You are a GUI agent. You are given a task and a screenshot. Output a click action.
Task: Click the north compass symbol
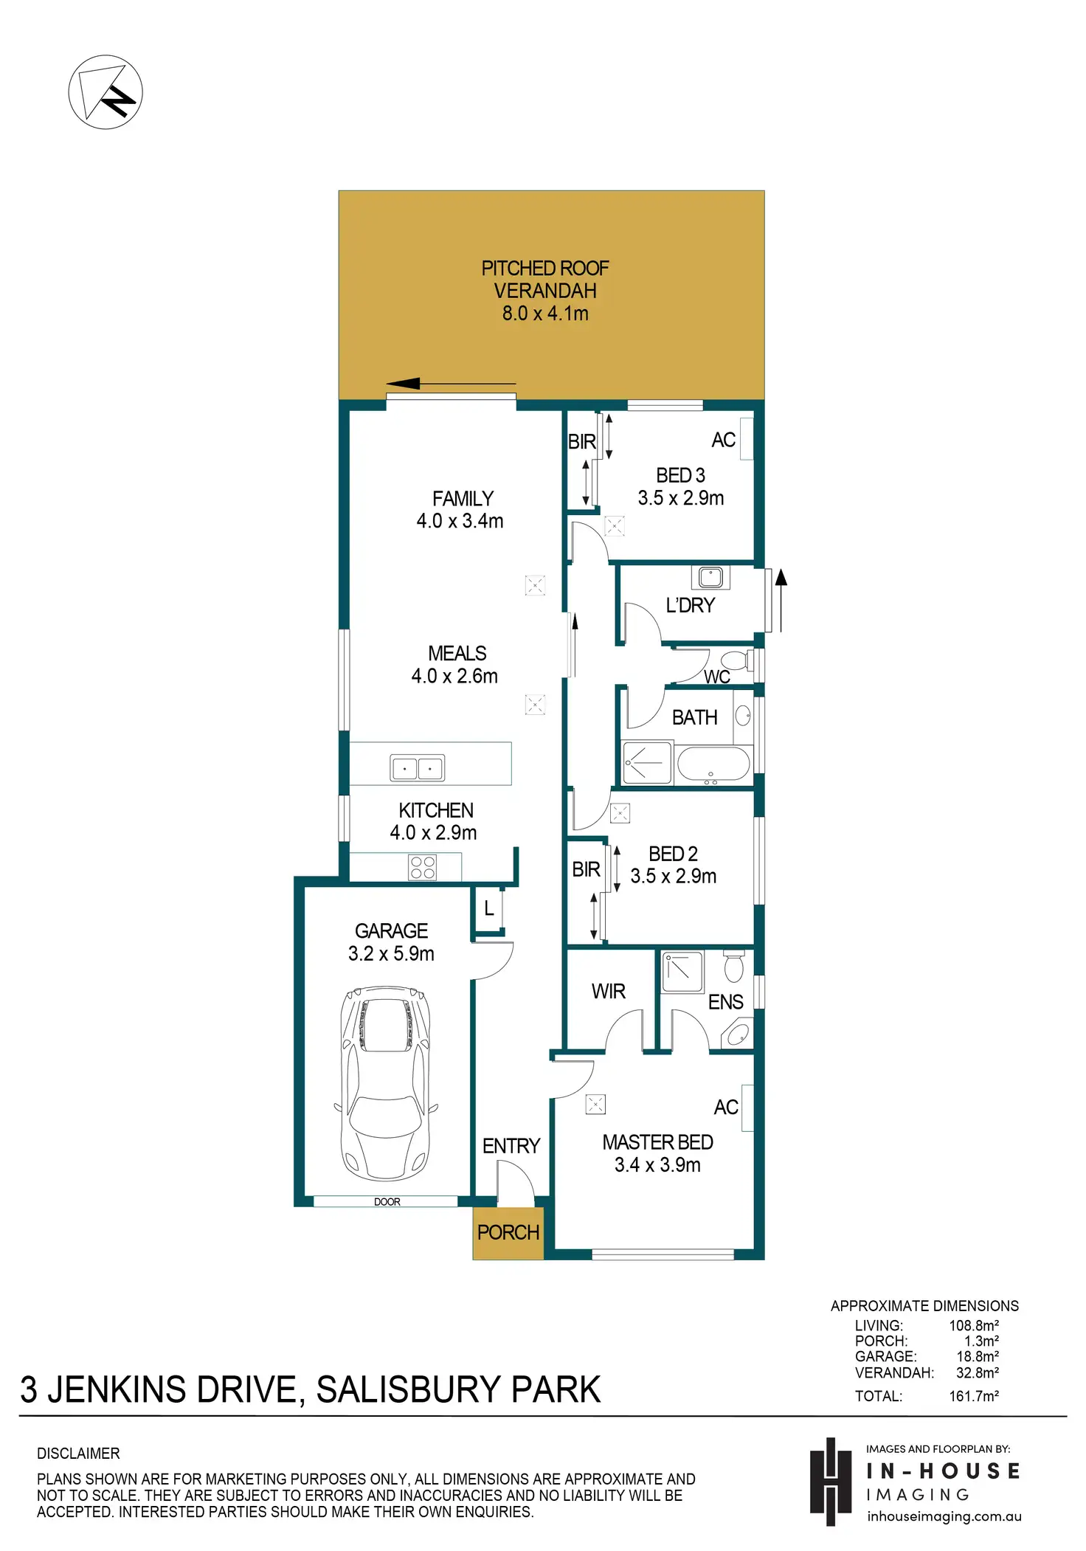coord(106,92)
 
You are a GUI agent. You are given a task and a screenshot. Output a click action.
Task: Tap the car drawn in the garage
coord(386,1083)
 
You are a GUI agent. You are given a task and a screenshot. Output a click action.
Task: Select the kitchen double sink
coord(417,768)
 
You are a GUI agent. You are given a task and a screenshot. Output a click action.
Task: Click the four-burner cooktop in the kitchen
coord(423,867)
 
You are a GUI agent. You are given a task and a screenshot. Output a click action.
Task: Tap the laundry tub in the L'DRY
coord(711,576)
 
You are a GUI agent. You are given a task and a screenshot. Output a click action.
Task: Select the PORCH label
coord(508,1232)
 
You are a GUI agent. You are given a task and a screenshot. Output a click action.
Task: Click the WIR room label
coord(609,991)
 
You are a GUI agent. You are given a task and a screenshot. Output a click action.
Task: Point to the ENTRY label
coord(511,1146)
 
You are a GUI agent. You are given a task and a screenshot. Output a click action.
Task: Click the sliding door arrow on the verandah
coord(451,384)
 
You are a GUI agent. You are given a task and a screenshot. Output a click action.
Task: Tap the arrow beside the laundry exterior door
coord(781,601)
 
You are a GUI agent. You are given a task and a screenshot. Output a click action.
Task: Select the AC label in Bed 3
coord(724,440)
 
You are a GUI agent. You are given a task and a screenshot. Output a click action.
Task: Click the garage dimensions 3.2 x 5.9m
coord(391,953)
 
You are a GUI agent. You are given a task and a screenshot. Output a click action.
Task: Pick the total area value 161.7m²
coord(974,1396)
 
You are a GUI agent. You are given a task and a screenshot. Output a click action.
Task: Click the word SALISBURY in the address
coord(408,1390)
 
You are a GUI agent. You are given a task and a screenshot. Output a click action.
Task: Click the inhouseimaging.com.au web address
coord(944,1516)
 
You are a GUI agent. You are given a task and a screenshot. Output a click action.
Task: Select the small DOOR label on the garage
coord(387,1202)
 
